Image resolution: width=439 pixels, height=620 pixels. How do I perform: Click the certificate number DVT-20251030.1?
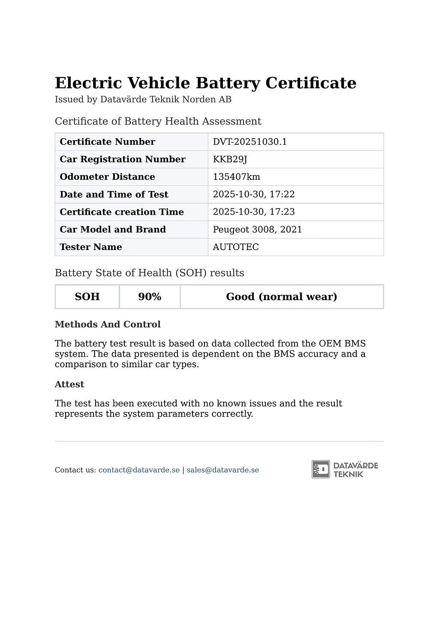point(250,142)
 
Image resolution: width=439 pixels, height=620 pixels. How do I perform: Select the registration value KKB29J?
point(230,159)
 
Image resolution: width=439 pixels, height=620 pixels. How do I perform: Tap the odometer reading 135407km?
point(236,177)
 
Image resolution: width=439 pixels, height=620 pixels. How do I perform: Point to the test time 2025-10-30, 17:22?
point(253,194)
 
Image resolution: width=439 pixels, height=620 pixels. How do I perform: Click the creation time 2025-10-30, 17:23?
point(253,212)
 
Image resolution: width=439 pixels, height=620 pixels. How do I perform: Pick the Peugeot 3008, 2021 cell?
point(257,230)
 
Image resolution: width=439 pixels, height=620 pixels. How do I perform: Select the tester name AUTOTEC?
point(235,247)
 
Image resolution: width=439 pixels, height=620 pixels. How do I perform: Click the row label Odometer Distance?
point(107,177)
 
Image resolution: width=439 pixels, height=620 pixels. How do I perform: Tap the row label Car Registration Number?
point(122,159)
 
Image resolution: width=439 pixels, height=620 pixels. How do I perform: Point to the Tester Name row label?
point(91,247)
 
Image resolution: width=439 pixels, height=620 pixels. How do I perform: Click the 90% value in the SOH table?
point(150,297)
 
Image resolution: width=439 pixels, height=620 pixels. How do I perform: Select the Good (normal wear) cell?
point(281,297)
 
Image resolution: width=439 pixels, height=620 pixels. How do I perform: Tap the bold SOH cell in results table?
point(87,297)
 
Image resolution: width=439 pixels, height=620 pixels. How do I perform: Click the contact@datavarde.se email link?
point(139,470)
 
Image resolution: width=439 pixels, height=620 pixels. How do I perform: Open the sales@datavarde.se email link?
point(223,470)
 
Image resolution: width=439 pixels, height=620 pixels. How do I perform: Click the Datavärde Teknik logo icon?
point(321,469)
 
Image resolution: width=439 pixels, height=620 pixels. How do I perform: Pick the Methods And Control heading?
point(108,325)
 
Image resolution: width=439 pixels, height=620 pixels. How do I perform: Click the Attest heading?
point(69,385)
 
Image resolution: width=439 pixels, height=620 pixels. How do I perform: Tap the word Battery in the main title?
point(228,83)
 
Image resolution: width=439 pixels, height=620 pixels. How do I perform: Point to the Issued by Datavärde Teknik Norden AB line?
point(143,100)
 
